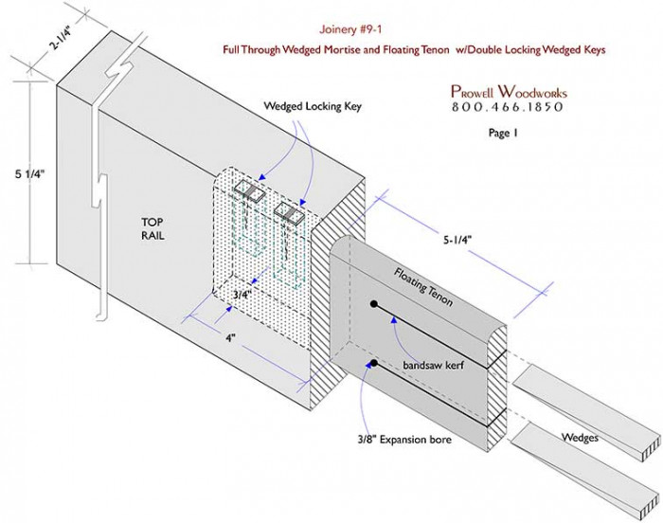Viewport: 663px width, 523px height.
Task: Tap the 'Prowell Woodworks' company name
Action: pyautogui.click(x=508, y=92)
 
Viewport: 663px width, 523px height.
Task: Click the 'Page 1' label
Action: pyautogui.click(x=508, y=134)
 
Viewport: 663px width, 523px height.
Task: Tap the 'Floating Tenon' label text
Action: pyautogui.click(x=422, y=288)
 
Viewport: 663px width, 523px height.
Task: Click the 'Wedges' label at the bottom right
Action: pyautogui.click(x=580, y=437)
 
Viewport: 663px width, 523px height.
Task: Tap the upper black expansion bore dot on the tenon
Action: pyautogui.click(x=375, y=306)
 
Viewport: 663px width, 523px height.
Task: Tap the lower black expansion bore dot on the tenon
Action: pyautogui.click(x=375, y=364)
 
